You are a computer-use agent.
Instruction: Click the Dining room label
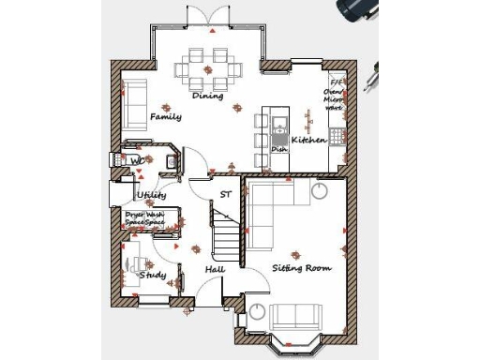pyautogui.click(x=207, y=96)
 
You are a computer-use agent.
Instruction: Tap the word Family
pyautogui.click(x=166, y=117)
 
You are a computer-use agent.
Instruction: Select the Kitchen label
pyautogui.click(x=308, y=140)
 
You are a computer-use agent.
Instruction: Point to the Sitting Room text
pyautogui.click(x=302, y=268)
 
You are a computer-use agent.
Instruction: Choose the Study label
pyautogui.click(x=153, y=276)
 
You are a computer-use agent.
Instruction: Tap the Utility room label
pyautogui.click(x=152, y=195)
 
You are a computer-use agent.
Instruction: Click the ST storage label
pyautogui.click(x=225, y=195)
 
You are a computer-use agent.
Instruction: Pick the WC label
pyautogui.click(x=137, y=161)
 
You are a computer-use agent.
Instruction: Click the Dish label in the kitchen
pyautogui.click(x=278, y=149)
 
